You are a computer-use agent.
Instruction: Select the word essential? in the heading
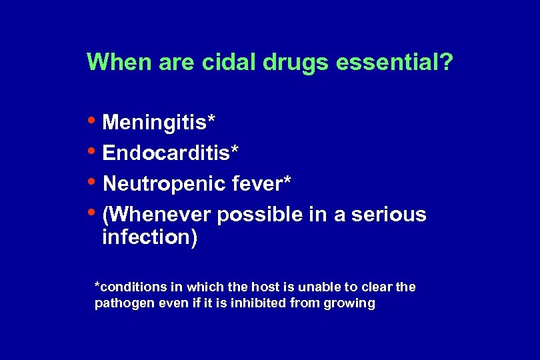[x=395, y=63]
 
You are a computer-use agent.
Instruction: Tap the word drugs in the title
[x=297, y=63]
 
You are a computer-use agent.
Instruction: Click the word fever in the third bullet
[x=261, y=183]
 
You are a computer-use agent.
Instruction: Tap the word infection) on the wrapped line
[x=149, y=238]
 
